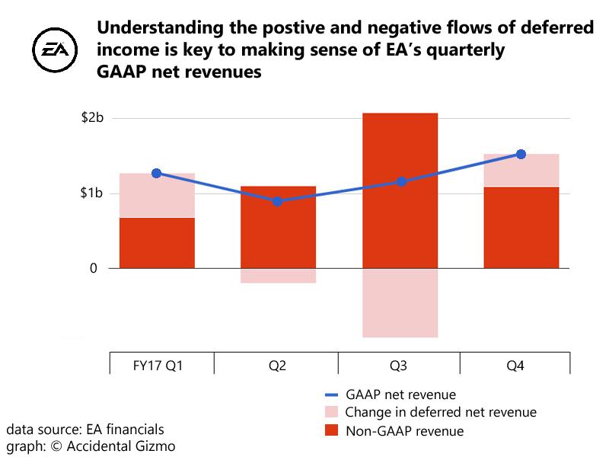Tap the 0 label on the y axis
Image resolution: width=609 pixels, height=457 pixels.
click(x=94, y=268)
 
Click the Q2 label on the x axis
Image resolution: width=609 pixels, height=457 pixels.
click(x=277, y=366)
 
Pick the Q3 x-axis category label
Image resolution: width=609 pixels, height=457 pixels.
click(x=399, y=366)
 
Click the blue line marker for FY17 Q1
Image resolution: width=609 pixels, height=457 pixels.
click(x=156, y=173)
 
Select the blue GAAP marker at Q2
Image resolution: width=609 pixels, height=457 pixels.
click(x=278, y=201)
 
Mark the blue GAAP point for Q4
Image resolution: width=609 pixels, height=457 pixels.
click(x=521, y=154)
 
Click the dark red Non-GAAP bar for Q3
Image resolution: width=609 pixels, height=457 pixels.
click(x=400, y=190)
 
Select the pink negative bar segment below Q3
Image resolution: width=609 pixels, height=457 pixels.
click(x=400, y=302)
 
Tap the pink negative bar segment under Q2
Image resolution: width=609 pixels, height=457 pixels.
click(x=278, y=276)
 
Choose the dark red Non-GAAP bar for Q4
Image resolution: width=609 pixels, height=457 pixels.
click(x=521, y=227)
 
